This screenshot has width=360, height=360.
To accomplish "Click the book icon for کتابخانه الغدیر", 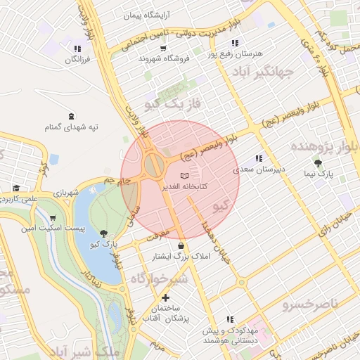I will click(x=184, y=174).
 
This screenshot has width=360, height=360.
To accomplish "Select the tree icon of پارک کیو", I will click(x=104, y=233).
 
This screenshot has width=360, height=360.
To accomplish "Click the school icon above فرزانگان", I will click(x=77, y=49).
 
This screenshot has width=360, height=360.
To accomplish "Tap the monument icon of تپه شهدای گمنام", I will click(x=71, y=116).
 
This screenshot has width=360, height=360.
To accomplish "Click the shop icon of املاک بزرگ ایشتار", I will click(x=181, y=245).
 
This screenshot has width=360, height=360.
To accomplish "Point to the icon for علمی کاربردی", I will click(x=16, y=188).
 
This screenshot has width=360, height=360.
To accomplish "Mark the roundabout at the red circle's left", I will click(x=154, y=167).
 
